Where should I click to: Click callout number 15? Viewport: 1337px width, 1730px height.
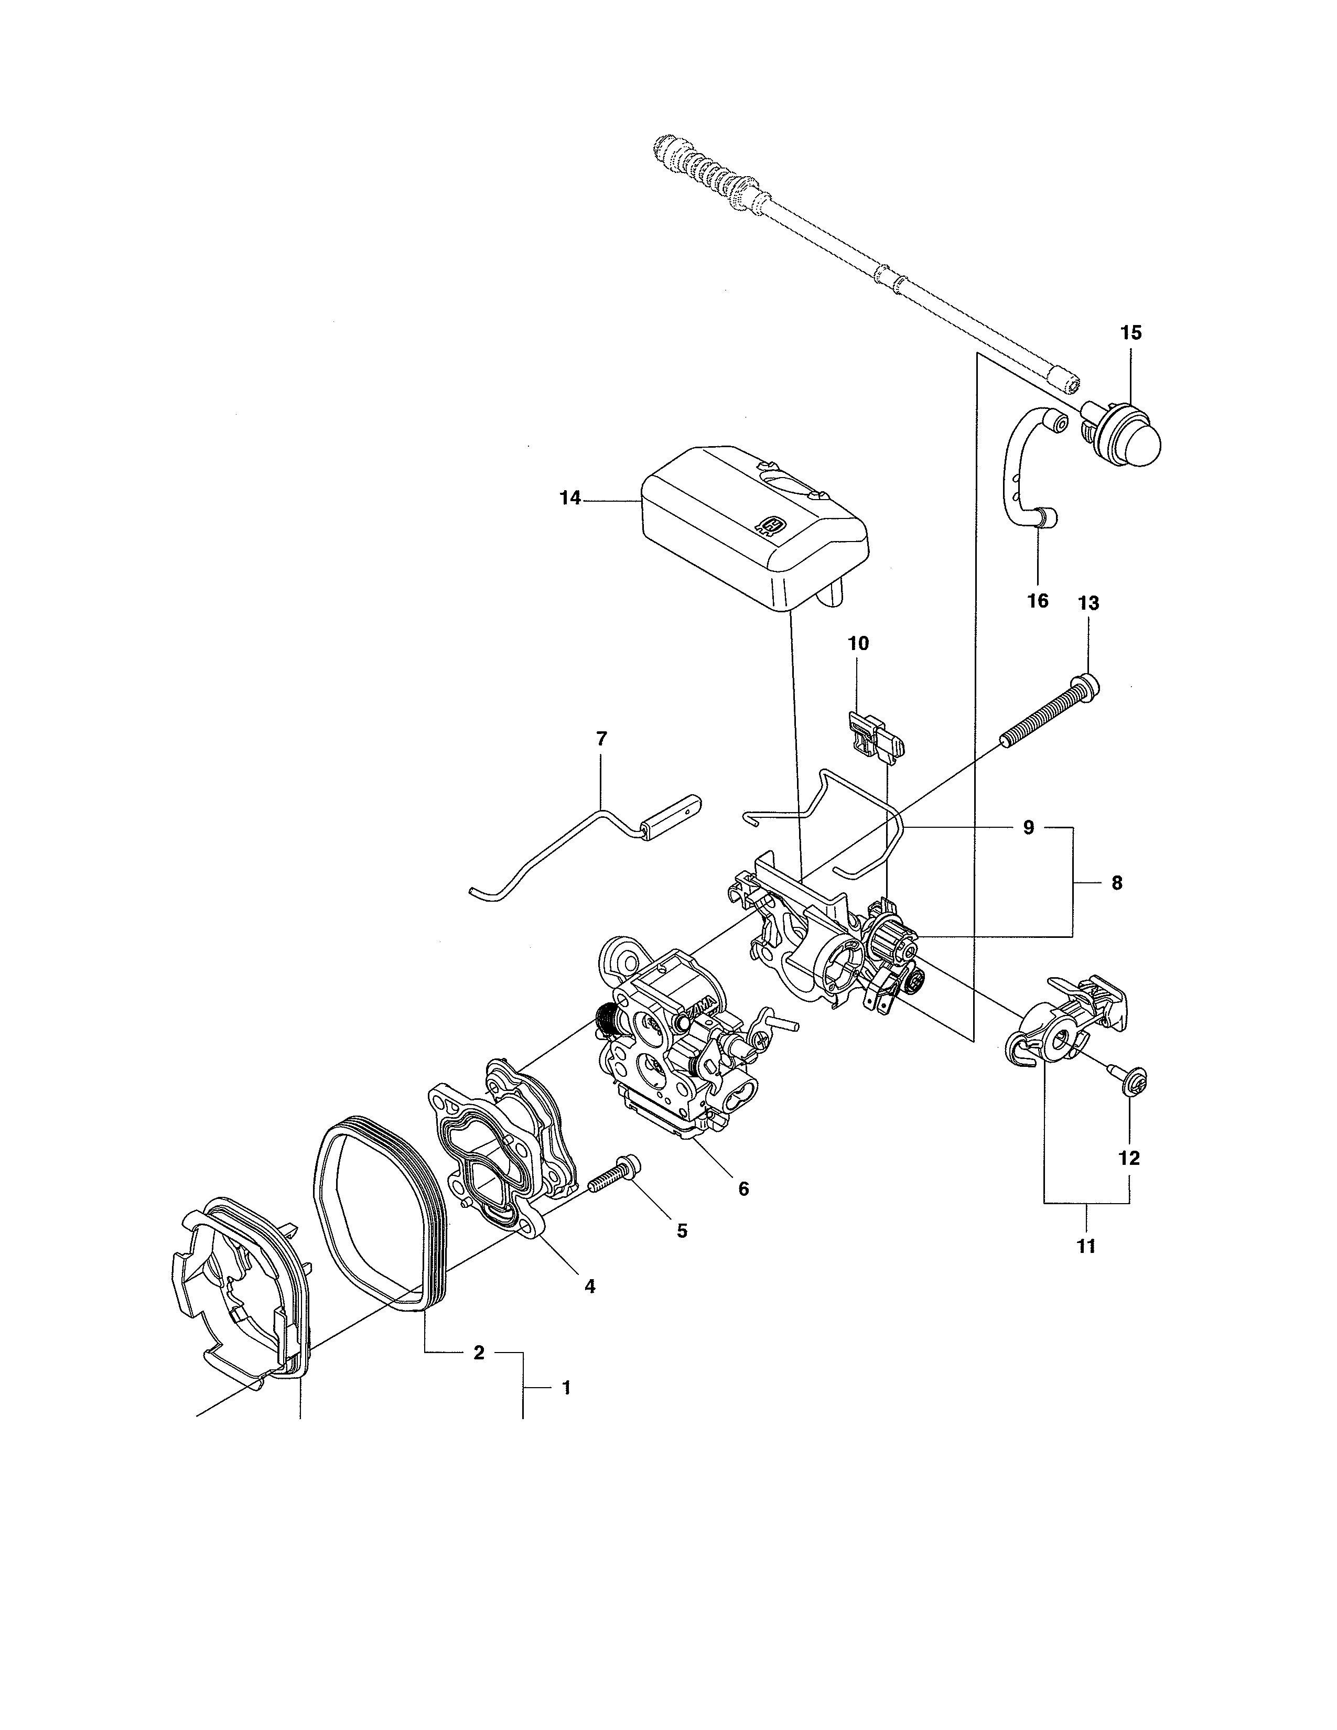pyautogui.click(x=1131, y=333)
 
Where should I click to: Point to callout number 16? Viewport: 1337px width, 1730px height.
pyautogui.click(x=1038, y=600)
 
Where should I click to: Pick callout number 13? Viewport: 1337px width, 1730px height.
pyautogui.click(x=1088, y=603)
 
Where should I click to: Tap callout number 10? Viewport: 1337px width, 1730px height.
pyautogui.click(x=859, y=643)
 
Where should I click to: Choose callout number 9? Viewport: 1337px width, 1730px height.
pyautogui.click(x=1028, y=828)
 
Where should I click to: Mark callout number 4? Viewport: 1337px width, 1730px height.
pyautogui.click(x=589, y=1286)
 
